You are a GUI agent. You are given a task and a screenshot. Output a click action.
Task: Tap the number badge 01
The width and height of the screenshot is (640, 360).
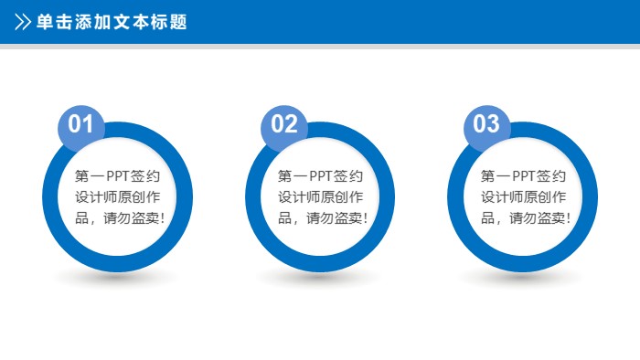(81, 124)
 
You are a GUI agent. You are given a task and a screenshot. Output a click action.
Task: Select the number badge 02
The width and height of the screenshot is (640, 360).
(284, 124)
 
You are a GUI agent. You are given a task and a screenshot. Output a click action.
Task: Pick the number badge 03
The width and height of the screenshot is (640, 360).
(486, 124)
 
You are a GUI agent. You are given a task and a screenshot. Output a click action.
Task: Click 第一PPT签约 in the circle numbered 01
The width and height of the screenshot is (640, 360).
(118, 176)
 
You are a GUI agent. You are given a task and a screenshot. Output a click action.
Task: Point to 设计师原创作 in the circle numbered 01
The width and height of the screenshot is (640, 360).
(118, 197)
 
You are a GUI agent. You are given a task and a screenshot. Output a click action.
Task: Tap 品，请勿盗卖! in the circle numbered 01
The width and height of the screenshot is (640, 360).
(118, 218)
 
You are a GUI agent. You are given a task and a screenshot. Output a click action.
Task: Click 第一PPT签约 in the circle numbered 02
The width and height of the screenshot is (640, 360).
(321, 176)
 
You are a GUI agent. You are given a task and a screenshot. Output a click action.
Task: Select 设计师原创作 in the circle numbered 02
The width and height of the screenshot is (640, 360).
(321, 197)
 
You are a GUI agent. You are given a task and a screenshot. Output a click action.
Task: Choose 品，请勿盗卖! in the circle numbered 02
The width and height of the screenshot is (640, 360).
(321, 218)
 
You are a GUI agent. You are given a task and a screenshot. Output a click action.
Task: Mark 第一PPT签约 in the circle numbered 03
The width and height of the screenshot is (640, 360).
(523, 176)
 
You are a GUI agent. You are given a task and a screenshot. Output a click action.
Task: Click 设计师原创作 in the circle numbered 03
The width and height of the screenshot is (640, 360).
(523, 197)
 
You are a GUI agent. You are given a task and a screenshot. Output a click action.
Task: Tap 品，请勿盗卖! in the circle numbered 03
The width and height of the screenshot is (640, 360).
(523, 218)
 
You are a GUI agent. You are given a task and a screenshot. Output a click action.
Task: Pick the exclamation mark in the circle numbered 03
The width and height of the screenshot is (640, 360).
(570, 218)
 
